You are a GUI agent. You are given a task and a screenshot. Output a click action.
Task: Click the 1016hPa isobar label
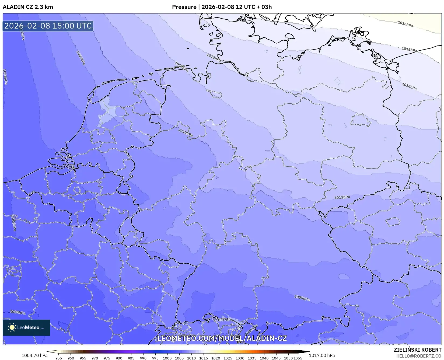[x=405, y=24]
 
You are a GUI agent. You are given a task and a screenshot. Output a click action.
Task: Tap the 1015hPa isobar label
[x=409, y=50]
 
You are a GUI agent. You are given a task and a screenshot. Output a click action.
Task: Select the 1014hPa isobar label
[x=409, y=86]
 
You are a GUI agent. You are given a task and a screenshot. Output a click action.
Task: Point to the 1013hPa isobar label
[x=214, y=58]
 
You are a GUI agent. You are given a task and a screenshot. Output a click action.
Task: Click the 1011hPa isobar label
[x=342, y=197]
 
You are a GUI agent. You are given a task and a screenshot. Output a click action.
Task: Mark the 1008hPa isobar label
[x=302, y=298]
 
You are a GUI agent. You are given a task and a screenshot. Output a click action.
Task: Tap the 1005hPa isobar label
[x=18, y=312]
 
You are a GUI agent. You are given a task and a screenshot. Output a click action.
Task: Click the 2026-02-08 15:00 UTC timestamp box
[x=48, y=26]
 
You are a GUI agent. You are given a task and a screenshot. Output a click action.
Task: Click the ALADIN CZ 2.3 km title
[x=28, y=7]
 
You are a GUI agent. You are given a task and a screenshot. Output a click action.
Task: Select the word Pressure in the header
[x=184, y=7]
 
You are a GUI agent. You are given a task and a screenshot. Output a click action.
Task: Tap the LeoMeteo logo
[x=26, y=327]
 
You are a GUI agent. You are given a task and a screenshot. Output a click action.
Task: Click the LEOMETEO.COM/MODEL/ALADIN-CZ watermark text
[x=222, y=338]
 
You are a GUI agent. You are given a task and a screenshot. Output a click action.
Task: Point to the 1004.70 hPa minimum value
[x=34, y=355]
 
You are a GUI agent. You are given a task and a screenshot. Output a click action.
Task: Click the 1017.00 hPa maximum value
[x=322, y=355]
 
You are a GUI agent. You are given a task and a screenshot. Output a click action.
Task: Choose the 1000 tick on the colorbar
[x=167, y=358]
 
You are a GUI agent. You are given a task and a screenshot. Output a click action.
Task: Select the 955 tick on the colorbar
[x=59, y=358]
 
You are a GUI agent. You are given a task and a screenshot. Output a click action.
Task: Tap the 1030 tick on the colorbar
[x=240, y=358]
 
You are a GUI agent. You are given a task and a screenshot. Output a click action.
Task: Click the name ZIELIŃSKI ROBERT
[x=418, y=350]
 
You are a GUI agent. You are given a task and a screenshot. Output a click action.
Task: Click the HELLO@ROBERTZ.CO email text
[x=419, y=356]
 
